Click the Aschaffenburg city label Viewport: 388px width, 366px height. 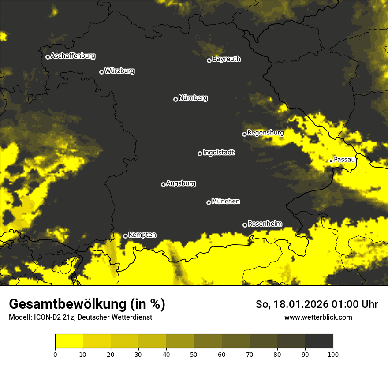point(73,56)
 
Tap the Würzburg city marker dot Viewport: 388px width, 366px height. point(101,72)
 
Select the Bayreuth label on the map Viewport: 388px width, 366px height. point(226,59)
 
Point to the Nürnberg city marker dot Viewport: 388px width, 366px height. point(175,99)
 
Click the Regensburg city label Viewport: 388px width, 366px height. point(265,133)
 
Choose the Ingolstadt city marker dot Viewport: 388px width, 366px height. point(200,153)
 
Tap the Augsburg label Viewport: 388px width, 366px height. point(181,183)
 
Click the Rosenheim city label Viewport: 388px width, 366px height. point(265,224)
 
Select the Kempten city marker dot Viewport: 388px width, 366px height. point(125,236)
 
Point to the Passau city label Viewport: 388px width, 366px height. point(344,160)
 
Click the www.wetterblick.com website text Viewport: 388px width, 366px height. point(318,317)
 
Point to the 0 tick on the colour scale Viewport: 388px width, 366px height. point(55,354)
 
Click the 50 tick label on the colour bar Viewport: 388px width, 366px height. point(194,354)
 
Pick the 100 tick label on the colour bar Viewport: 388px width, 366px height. point(332,354)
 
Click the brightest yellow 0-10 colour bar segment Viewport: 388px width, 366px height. point(69,341)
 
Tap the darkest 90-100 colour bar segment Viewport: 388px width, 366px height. point(319,341)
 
